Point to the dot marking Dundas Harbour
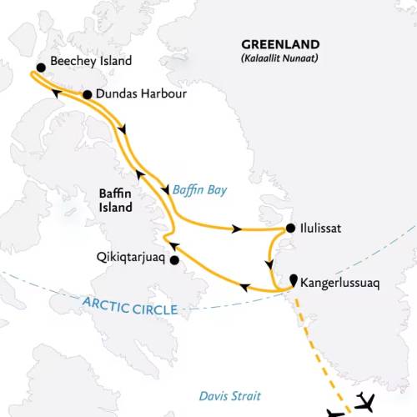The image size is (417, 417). [87, 95]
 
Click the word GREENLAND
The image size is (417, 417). [277, 46]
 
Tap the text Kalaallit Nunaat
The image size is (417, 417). [277, 59]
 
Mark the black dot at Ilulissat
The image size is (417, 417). [289, 228]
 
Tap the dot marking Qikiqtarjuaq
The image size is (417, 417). [174, 260]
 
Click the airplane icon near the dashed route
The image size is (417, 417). [365, 401]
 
